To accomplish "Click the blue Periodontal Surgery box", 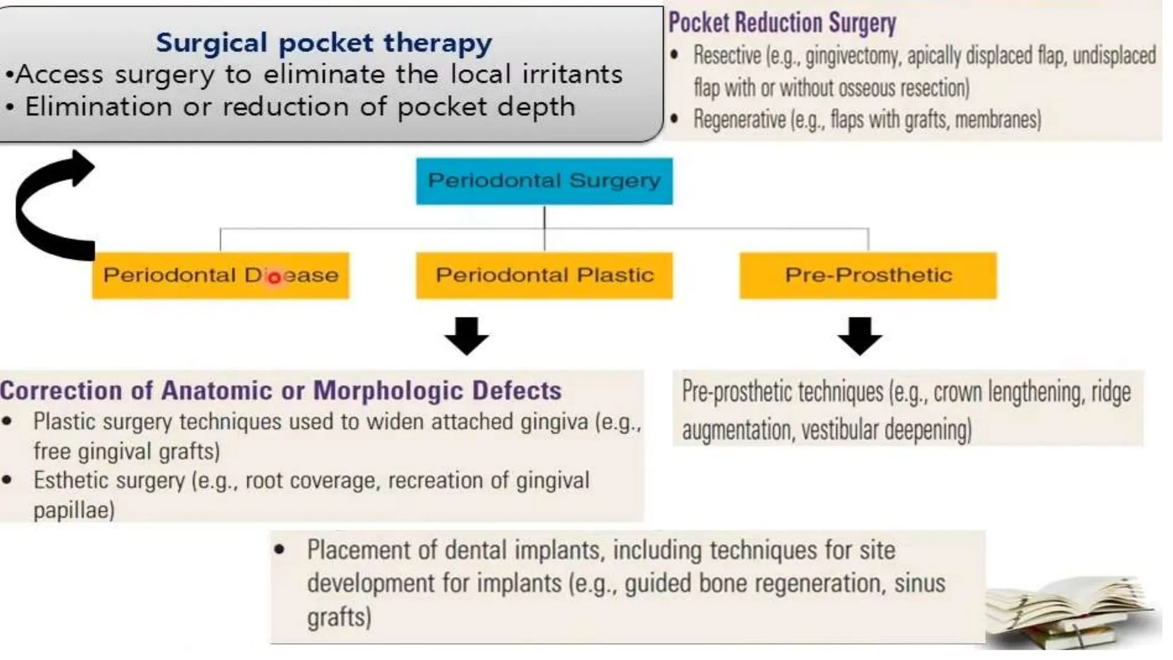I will (544, 181).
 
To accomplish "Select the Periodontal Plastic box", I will (544, 276).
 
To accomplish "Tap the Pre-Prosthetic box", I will (868, 276).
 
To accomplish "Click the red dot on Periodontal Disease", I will (274, 278).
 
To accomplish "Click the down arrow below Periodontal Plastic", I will (466, 336).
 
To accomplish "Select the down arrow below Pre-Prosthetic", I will (859, 336).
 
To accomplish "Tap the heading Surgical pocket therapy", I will (324, 43).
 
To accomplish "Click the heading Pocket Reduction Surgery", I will (782, 23).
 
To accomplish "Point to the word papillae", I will (74, 510).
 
